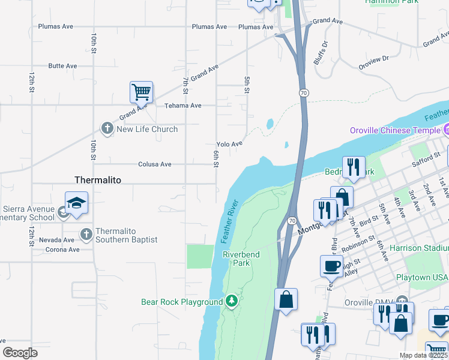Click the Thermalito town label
point(98,180)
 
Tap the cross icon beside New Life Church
point(107,129)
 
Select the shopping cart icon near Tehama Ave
point(141,92)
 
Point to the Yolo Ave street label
point(229,144)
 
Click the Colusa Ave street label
point(155,164)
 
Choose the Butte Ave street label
point(63,66)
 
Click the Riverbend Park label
point(241,259)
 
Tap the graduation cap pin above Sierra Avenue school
point(77,203)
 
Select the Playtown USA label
point(422,277)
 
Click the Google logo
point(20,353)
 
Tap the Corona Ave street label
point(62,250)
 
